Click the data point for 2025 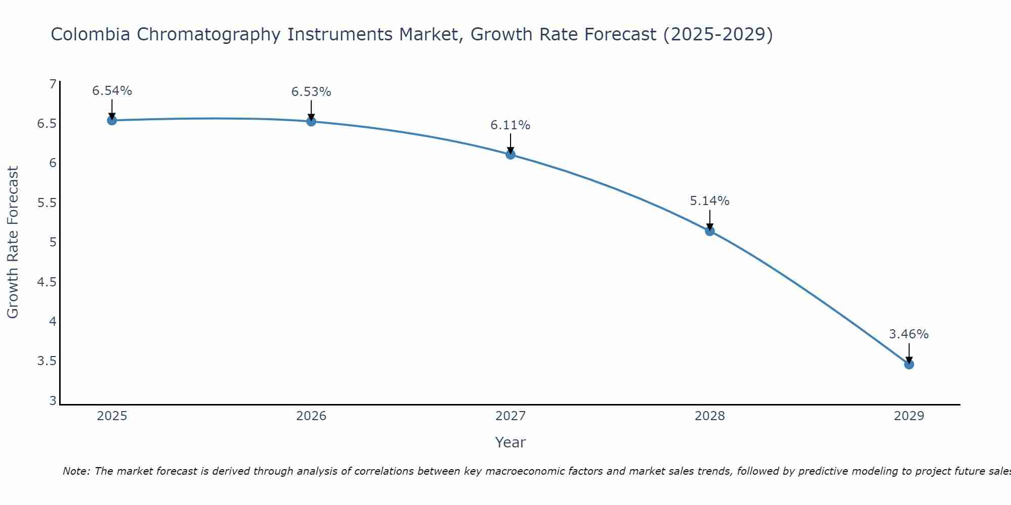click(x=112, y=120)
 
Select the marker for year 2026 click(x=311, y=121)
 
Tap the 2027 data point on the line click(x=511, y=155)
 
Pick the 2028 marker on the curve click(x=710, y=231)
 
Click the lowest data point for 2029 click(x=909, y=364)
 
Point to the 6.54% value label click(x=112, y=91)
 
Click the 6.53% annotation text click(x=311, y=92)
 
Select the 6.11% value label click(x=511, y=125)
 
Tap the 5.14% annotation click(x=710, y=201)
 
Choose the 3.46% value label click(x=909, y=334)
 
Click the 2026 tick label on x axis click(x=311, y=416)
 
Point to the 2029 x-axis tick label click(x=909, y=416)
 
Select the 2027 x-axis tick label click(x=511, y=416)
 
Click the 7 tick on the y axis click(x=53, y=84)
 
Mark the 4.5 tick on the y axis click(x=47, y=282)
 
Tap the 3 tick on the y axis click(x=53, y=401)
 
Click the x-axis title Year click(x=511, y=442)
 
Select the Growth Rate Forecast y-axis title click(x=13, y=242)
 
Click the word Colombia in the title click(x=89, y=34)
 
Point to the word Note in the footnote click(x=75, y=471)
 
